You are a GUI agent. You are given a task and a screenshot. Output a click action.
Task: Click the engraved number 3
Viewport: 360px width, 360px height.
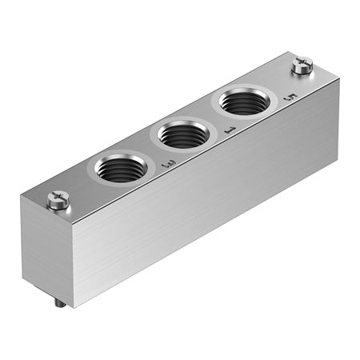[169, 164]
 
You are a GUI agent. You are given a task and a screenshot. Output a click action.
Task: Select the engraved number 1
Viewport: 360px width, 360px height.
[230, 130]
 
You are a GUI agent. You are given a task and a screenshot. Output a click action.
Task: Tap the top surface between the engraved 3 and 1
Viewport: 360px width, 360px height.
[200, 152]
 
